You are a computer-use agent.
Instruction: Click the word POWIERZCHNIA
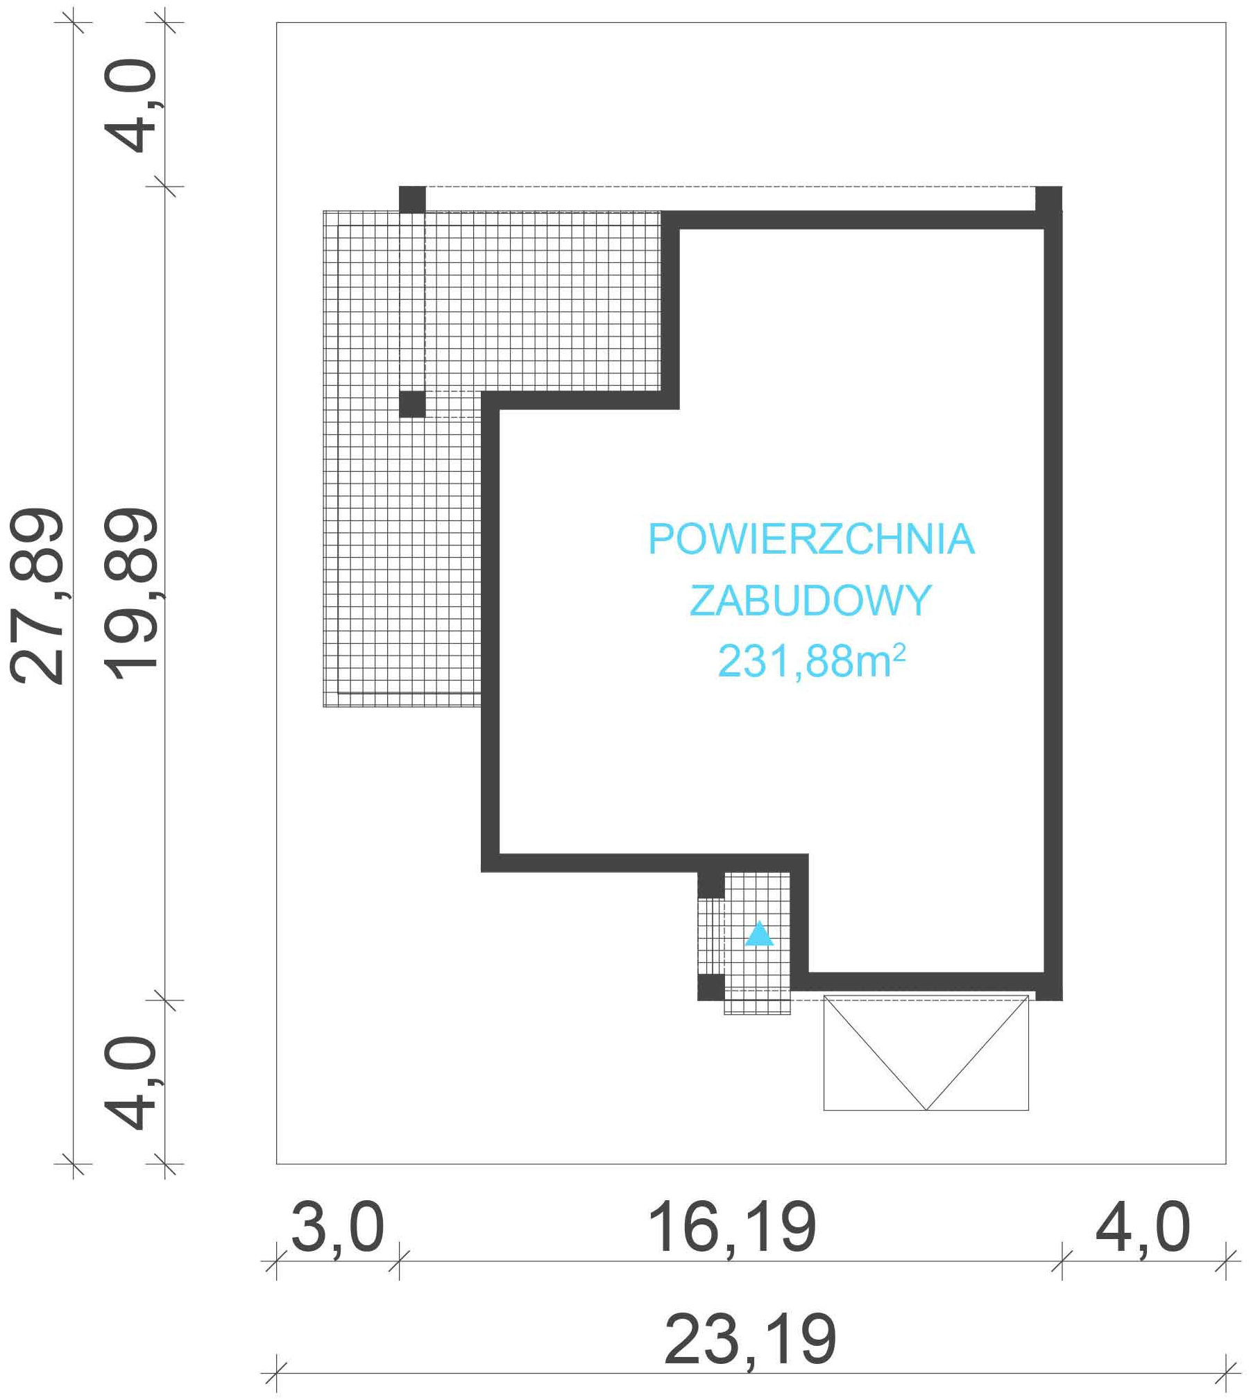(x=811, y=539)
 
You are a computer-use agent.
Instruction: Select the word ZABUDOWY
(x=810, y=600)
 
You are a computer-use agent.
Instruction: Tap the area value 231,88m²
(x=811, y=660)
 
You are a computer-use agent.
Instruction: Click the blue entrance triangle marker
(x=759, y=933)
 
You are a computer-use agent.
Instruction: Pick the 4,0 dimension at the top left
(x=131, y=105)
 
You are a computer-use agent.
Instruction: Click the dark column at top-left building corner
(x=412, y=200)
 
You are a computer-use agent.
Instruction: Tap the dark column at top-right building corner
(x=1048, y=199)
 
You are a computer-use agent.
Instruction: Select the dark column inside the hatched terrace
(x=412, y=404)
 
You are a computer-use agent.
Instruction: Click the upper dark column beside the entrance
(x=710, y=885)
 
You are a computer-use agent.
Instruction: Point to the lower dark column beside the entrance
(x=710, y=987)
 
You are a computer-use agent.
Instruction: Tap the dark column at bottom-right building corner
(x=1049, y=988)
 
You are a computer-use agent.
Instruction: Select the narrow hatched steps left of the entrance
(x=711, y=937)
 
